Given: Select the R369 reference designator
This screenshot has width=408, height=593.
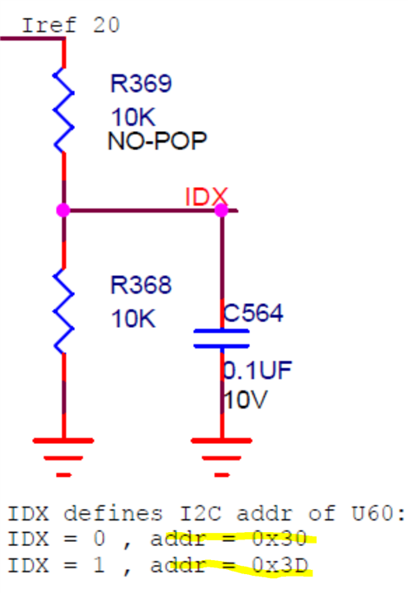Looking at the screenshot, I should pos(140,84).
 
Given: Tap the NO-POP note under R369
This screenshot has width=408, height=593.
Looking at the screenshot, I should pos(157,141).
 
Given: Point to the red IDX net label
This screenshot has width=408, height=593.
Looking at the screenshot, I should pos(205,197).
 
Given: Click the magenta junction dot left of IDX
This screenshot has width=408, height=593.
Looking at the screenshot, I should pos(63,211).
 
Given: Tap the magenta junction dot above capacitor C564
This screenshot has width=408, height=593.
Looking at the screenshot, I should pos(221,211).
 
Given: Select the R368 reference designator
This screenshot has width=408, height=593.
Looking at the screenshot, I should pos(141,286).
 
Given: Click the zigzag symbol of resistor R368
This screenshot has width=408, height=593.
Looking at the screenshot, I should pos(63,313).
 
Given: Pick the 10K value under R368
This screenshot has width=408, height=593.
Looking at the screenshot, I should pos(134,319).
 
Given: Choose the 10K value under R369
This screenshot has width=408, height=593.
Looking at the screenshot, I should pos(134,118).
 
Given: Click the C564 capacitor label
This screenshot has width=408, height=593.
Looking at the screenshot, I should pos(253,313).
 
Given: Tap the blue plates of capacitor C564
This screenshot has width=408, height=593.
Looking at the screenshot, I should pos(221,339).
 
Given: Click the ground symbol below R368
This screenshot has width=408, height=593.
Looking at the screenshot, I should pos(63,455).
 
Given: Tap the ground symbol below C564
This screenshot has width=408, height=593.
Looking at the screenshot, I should pos(221,455).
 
